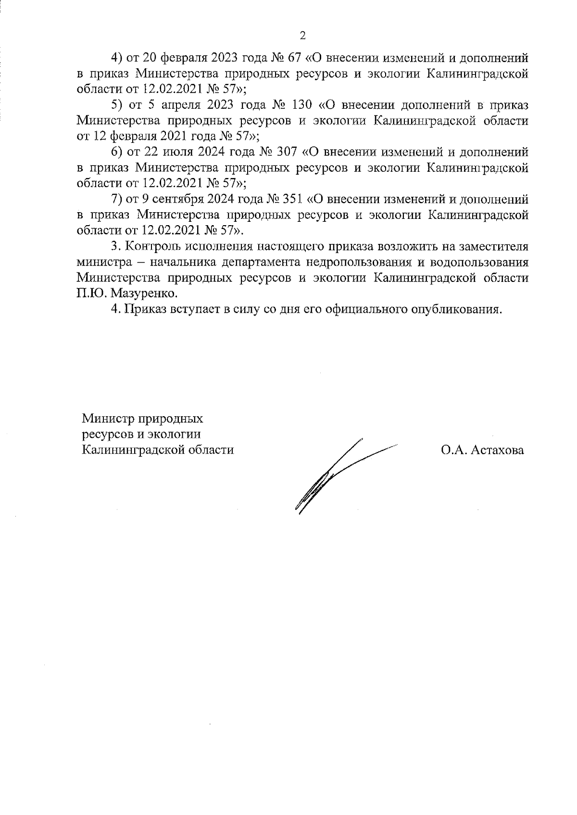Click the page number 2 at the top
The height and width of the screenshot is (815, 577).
tap(302, 35)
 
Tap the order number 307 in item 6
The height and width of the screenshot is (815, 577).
tap(288, 152)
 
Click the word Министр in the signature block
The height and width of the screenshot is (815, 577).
tap(108, 418)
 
